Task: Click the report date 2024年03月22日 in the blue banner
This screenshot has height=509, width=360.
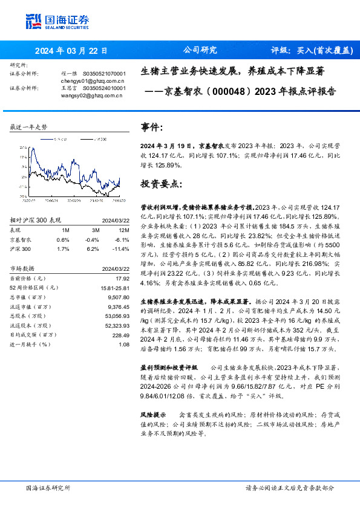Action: click(71, 51)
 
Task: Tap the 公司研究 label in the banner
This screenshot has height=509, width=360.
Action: click(200, 51)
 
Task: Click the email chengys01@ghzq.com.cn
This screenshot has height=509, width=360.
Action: click(93, 80)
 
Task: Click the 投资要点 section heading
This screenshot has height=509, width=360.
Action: click(160, 183)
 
